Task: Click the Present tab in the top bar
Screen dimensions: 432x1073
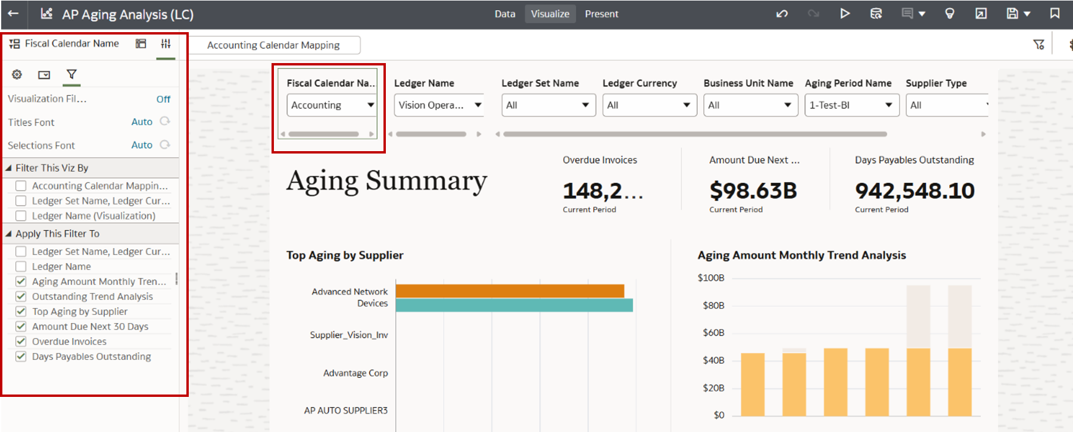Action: [x=601, y=14]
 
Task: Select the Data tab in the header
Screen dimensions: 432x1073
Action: [x=504, y=14]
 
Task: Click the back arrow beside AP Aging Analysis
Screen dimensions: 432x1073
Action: [x=13, y=13]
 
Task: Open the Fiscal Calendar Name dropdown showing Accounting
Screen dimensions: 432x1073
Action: [x=332, y=105]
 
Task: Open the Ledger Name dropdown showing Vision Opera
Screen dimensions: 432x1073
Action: [x=439, y=105]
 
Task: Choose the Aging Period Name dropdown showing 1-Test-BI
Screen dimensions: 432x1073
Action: [x=851, y=105]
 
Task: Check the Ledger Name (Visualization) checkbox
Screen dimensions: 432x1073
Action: [x=21, y=216]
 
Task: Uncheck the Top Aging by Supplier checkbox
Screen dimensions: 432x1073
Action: [x=21, y=312]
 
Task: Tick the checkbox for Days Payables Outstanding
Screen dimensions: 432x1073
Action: [x=21, y=356]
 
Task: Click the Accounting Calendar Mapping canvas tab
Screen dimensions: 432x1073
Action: [x=273, y=45]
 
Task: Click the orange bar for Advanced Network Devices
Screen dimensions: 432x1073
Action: [x=510, y=291]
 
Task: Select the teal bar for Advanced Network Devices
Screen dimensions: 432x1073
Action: [x=514, y=305]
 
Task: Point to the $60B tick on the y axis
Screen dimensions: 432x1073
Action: [x=713, y=333]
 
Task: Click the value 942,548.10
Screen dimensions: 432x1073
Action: [x=915, y=191]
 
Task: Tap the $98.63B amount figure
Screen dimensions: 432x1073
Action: [x=753, y=191]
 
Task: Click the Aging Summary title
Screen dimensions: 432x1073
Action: [x=386, y=181]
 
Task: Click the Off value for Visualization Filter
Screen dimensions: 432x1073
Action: [x=163, y=99]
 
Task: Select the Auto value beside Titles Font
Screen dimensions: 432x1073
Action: [x=142, y=122]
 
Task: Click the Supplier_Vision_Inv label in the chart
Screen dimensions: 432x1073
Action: [x=349, y=335]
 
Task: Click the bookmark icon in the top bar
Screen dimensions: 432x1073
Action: [x=1055, y=13]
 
